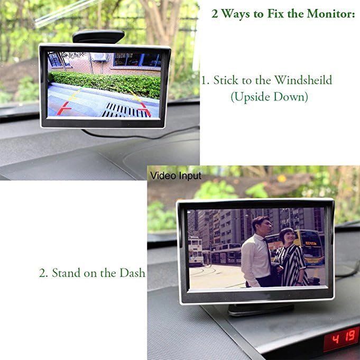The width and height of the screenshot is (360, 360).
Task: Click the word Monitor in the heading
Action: [x=331, y=14]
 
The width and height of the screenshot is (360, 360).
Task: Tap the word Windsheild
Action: [x=303, y=80]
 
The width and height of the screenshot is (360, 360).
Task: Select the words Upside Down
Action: [x=269, y=97]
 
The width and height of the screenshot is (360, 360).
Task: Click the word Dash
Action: [x=133, y=273]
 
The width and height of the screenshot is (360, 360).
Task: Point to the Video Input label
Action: [x=176, y=176]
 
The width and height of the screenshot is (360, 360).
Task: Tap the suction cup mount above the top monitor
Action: [x=98, y=36]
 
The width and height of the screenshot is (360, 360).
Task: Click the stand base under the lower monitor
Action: [x=261, y=309]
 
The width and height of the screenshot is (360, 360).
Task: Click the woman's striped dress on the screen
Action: [x=291, y=264]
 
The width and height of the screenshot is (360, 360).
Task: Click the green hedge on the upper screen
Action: [x=106, y=84]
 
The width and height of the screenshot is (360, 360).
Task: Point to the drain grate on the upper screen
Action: [x=125, y=110]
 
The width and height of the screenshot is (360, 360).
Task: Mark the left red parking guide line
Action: [x=64, y=108]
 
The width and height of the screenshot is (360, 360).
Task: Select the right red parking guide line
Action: [x=145, y=109]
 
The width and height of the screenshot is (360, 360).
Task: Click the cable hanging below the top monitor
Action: [x=140, y=135]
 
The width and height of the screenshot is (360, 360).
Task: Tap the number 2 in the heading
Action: [x=215, y=14]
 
